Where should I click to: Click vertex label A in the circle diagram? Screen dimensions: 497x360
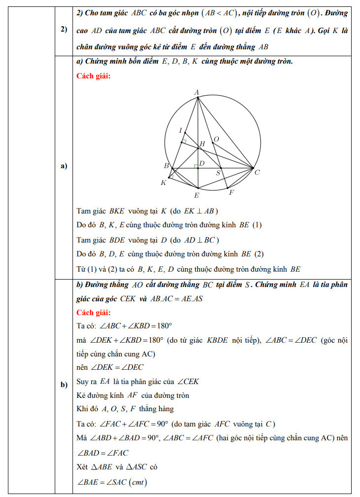[196, 92]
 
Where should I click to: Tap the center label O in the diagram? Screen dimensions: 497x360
[216, 140]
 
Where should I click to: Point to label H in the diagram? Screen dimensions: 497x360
[201, 144]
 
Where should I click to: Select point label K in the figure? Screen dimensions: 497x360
[164, 183]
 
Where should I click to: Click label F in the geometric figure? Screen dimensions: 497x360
[231, 193]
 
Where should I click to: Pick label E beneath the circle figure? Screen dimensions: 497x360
[196, 195]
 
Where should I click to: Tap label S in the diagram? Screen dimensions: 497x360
[218, 174]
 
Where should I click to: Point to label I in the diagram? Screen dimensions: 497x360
[180, 130]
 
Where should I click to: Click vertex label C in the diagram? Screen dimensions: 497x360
[257, 172]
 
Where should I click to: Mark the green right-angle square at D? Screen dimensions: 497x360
[195, 166]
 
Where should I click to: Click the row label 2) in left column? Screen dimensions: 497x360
[64, 30]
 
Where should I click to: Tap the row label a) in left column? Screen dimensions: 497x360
[64, 166]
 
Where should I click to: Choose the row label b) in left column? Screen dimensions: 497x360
[64, 385]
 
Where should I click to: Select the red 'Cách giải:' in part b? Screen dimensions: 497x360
[94, 313]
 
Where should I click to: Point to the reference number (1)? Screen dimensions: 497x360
[257, 225]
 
